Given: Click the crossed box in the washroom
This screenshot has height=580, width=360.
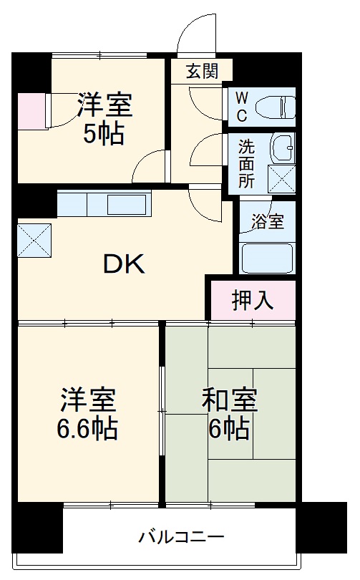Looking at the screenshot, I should pyautogui.click(x=281, y=178).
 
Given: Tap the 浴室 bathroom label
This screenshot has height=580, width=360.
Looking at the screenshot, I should pyautogui.click(x=267, y=222).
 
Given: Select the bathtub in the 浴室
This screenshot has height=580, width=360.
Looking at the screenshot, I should pyautogui.click(x=267, y=258).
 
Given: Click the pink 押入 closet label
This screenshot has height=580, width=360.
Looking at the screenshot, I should pyautogui.click(x=252, y=301).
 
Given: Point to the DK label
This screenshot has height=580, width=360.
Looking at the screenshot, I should pyautogui.click(x=125, y=265).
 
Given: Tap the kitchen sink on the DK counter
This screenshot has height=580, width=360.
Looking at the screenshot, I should pyautogui.click(x=126, y=206).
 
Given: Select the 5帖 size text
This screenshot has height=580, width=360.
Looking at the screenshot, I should pyautogui.click(x=104, y=134).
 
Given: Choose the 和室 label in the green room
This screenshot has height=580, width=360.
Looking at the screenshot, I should pyautogui.click(x=229, y=400).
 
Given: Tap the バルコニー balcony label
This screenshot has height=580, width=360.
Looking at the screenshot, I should pyautogui.click(x=181, y=536).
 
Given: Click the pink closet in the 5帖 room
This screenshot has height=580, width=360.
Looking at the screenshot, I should pyautogui.click(x=31, y=111).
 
